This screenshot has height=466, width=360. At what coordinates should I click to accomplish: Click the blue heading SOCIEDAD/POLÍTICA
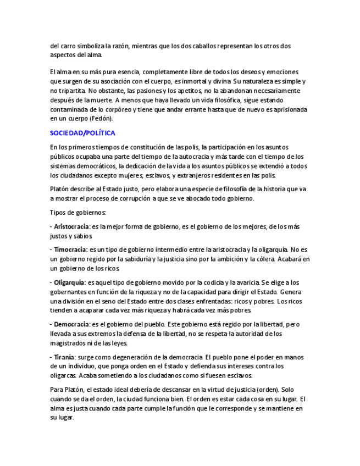[x=82, y=133]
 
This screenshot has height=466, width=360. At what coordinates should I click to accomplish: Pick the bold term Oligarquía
[x=70, y=282]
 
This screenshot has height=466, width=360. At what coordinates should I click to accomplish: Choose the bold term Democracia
[x=71, y=324]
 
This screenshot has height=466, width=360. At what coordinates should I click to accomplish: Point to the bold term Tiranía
[x=64, y=357]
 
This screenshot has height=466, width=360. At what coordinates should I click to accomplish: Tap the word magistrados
[x=70, y=343]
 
